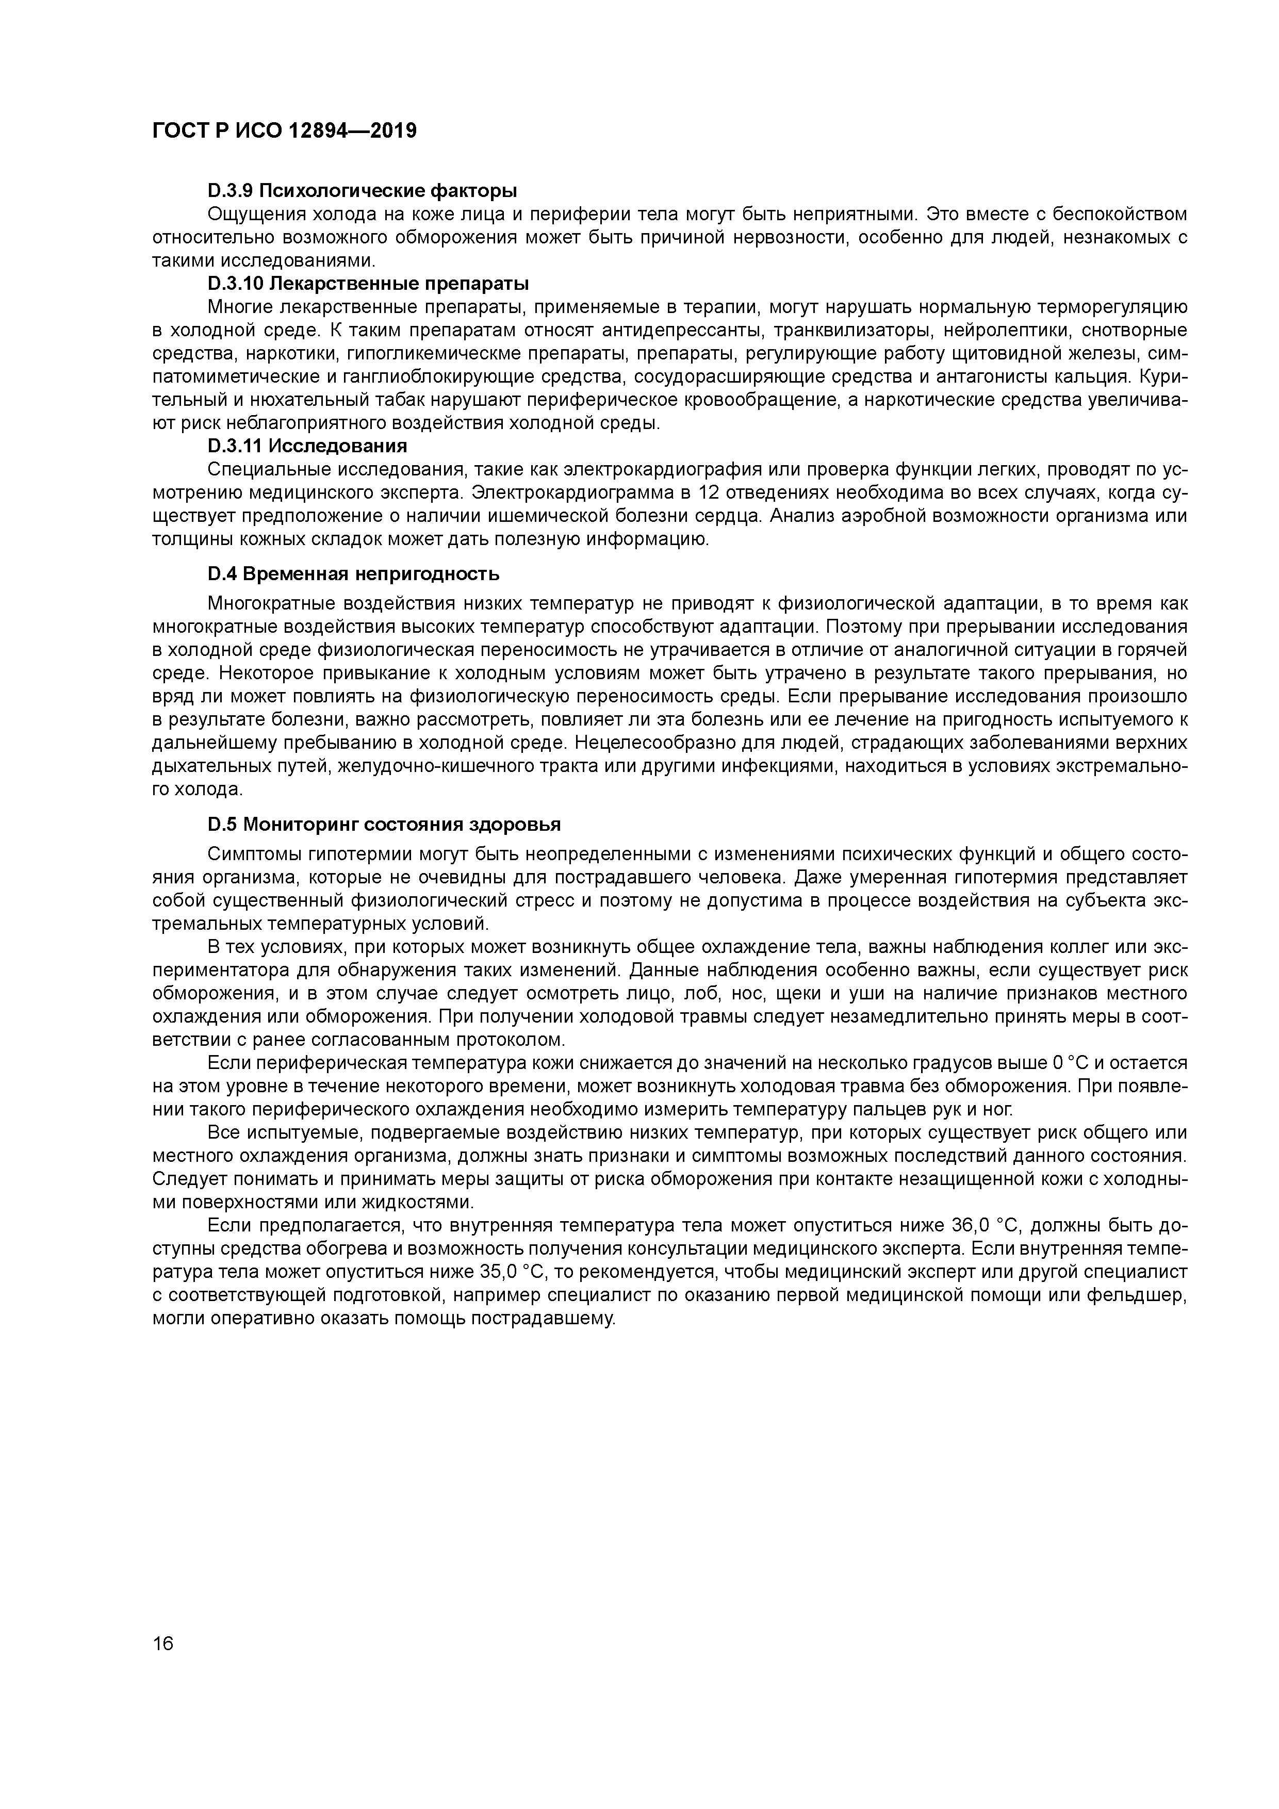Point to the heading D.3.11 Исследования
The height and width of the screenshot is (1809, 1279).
click(307, 447)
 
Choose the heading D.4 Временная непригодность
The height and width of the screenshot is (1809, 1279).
click(354, 573)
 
